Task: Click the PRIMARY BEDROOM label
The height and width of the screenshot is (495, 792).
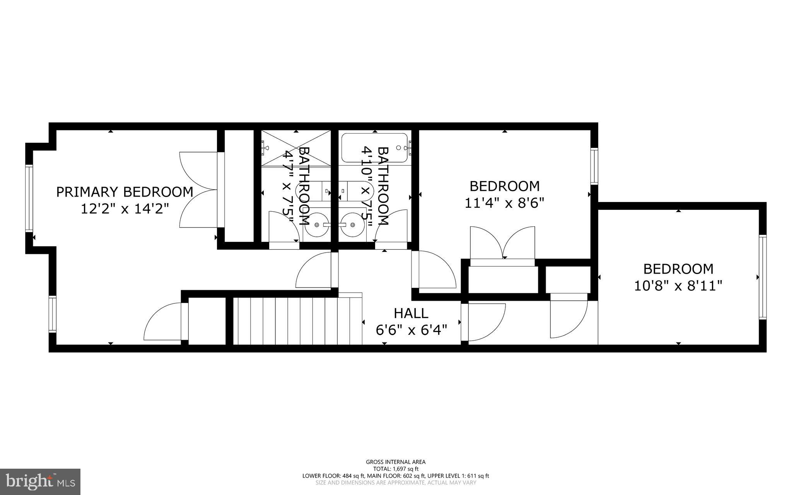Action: coord(125,192)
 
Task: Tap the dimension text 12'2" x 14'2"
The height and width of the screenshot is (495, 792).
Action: coord(125,209)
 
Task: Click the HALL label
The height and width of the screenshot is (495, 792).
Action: coord(411,313)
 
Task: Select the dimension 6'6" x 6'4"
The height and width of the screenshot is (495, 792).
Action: coord(411,330)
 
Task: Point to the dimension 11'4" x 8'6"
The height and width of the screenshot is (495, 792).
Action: coord(504,203)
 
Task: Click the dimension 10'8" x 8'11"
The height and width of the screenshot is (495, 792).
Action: coord(678,286)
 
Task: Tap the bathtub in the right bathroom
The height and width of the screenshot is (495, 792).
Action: coord(374,147)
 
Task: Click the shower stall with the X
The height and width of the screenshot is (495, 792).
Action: coord(296,147)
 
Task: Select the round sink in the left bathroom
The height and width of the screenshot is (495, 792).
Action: coord(317,224)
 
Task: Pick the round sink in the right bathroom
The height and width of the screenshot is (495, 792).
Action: coord(352,224)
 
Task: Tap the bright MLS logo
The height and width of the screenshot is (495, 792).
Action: coord(40,481)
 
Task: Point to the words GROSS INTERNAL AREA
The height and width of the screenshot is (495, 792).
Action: coord(396,462)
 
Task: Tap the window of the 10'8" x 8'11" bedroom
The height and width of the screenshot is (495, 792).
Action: coord(762,277)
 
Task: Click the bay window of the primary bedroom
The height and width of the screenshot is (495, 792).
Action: coord(29,198)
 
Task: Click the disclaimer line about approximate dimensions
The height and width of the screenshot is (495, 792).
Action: coord(396,483)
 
